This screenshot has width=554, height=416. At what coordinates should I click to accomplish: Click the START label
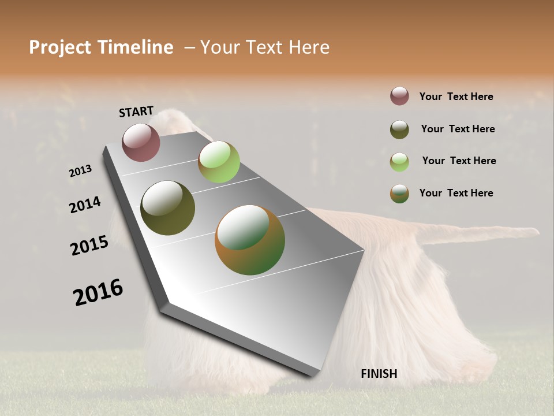(136, 112)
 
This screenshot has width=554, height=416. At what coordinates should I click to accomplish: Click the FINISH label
(379, 374)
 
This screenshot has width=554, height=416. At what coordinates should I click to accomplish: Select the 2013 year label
(80, 171)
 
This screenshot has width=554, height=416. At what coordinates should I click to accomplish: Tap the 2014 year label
(85, 205)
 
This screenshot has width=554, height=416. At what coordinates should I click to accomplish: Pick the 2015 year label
(89, 246)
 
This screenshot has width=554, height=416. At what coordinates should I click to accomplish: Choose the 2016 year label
(98, 292)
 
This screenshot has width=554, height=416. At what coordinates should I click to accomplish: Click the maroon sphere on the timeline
(141, 142)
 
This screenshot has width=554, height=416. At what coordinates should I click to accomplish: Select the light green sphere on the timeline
(219, 162)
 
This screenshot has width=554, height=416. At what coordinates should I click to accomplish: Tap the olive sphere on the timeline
(167, 208)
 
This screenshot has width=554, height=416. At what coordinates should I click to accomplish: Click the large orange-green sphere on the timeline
(250, 240)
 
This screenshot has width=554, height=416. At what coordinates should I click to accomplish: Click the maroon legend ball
(399, 96)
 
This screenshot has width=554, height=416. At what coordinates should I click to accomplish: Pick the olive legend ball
(399, 129)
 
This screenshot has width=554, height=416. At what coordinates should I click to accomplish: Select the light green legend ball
(399, 162)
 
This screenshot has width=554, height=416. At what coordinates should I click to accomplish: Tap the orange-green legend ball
(399, 194)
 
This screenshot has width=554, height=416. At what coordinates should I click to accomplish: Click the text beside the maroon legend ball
(456, 96)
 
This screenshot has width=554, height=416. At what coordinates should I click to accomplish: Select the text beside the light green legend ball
(459, 161)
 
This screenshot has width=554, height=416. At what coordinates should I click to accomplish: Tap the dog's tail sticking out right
(491, 232)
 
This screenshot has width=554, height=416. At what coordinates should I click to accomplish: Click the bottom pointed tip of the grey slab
(312, 376)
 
